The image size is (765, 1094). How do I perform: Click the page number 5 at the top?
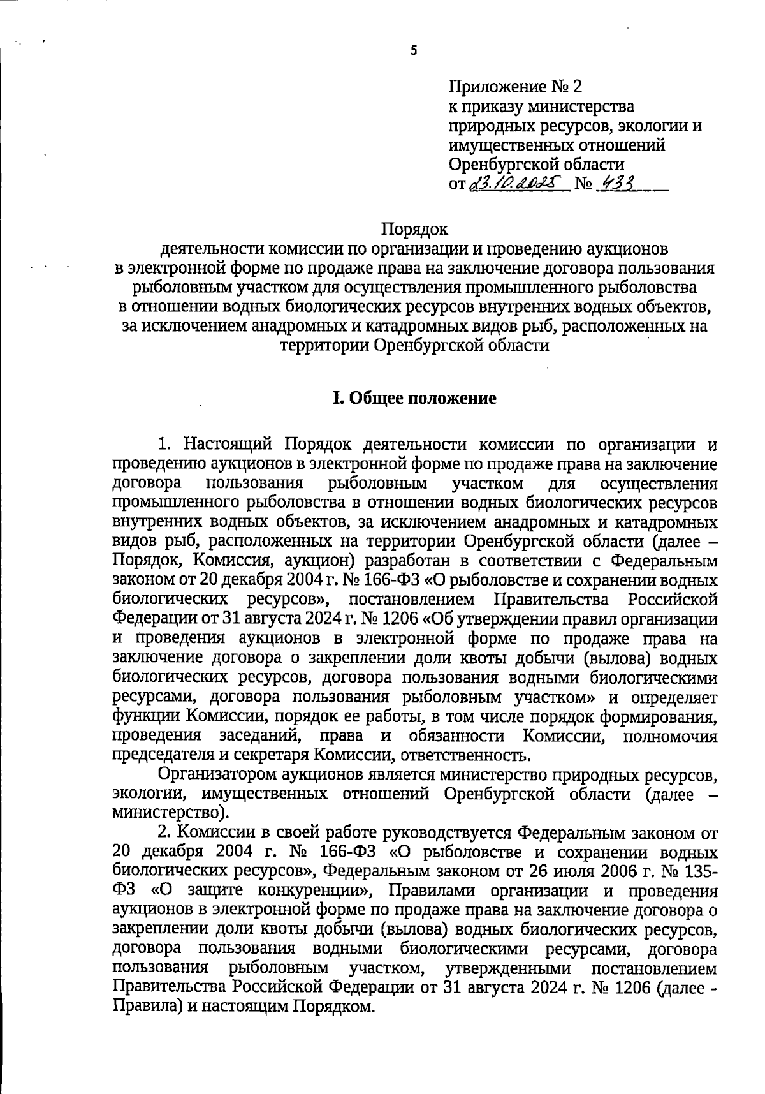(x=413, y=52)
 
